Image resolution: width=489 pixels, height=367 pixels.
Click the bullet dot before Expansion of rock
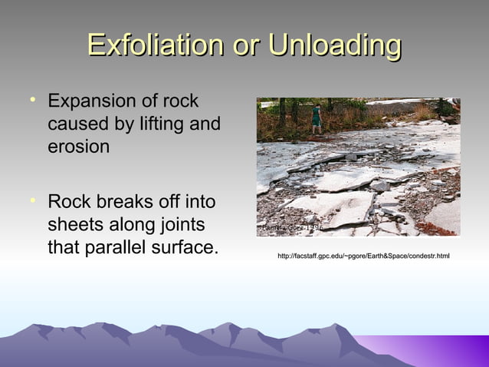[32, 100]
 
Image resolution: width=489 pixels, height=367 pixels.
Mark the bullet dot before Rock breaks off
[32, 201]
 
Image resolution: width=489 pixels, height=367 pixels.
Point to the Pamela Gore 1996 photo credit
[289, 228]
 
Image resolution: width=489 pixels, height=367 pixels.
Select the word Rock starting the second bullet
[67, 203]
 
